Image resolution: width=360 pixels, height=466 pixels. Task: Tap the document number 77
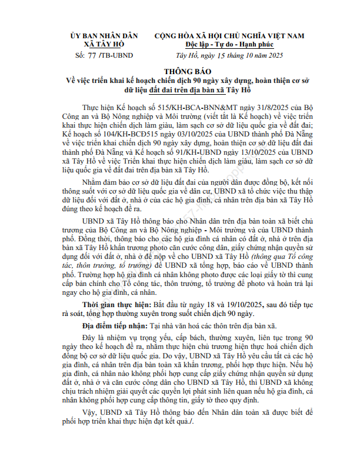[91, 55]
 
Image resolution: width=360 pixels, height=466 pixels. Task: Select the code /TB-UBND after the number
[116, 55]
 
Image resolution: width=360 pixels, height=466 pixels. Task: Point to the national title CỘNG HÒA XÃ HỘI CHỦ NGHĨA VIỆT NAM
[229, 36]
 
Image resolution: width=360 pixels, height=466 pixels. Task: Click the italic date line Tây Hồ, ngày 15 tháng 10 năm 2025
[234, 55]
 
